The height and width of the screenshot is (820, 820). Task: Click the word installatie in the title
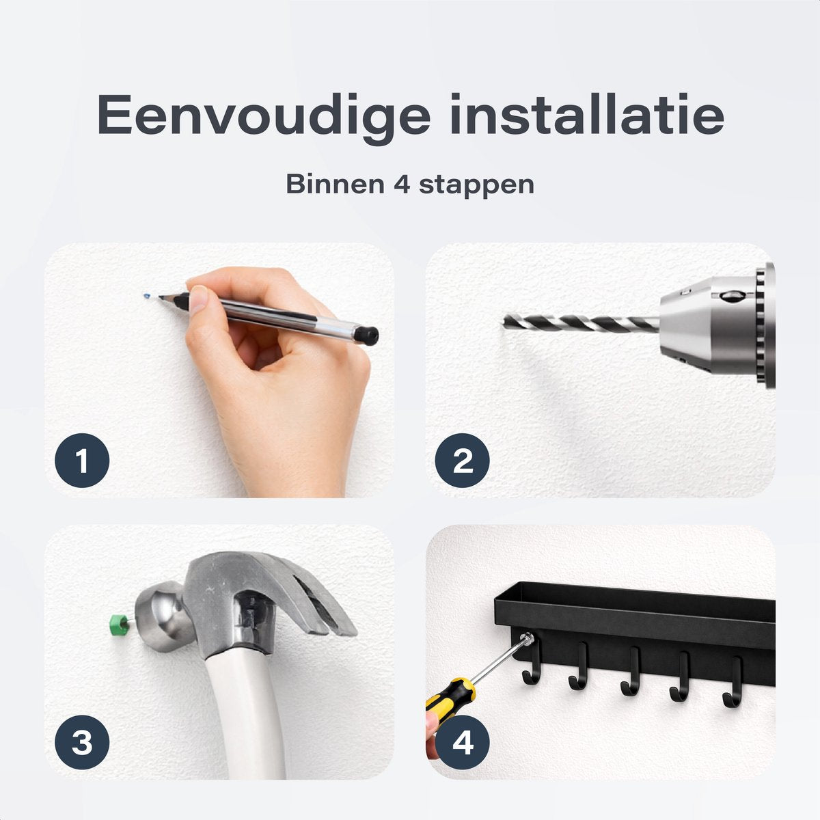point(587,114)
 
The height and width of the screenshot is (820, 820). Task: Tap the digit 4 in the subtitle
point(402,184)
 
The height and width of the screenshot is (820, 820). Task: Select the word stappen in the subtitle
point(476,187)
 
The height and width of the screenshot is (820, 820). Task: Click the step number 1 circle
point(82,461)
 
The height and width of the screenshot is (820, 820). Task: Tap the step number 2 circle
point(463,461)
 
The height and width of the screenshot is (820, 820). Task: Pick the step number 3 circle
point(82,743)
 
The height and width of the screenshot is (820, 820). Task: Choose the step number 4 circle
point(463,743)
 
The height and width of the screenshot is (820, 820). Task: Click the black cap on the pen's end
point(367,335)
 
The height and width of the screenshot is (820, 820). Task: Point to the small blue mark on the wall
point(147,295)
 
